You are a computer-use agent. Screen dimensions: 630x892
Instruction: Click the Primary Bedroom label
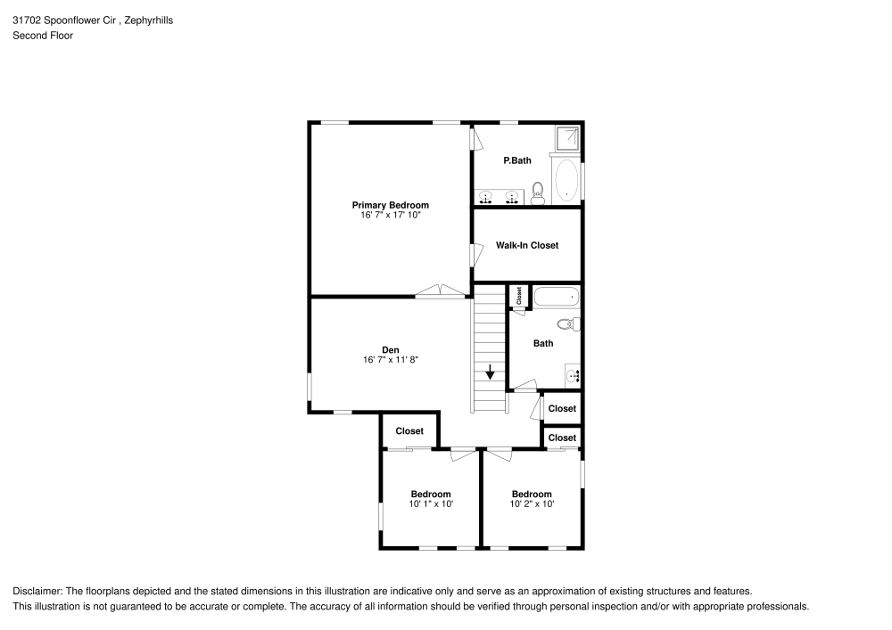pyautogui.click(x=390, y=205)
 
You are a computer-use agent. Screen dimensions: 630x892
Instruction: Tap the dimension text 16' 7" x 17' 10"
pyautogui.click(x=390, y=216)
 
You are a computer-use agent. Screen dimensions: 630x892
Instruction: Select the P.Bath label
pyautogui.click(x=517, y=160)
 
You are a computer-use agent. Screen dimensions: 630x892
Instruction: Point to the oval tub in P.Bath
pyautogui.click(x=566, y=181)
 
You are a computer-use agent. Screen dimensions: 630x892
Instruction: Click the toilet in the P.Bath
pyautogui.click(x=538, y=194)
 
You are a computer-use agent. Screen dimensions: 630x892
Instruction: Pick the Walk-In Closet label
pyautogui.click(x=527, y=245)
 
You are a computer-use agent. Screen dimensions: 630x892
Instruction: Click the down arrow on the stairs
pyautogui.click(x=490, y=372)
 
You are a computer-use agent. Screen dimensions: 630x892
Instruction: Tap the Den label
pyautogui.click(x=390, y=349)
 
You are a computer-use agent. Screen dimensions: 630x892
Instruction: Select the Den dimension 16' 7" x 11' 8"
pyautogui.click(x=390, y=360)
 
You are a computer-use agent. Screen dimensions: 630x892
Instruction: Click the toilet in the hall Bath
pyautogui.click(x=567, y=323)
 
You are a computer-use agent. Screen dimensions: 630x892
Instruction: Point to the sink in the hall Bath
pyautogui.click(x=573, y=376)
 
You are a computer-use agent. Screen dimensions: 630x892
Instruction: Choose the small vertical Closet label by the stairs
pyautogui.click(x=518, y=296)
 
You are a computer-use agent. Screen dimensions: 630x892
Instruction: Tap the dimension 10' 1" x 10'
pyautogui.click(x=432, y=504)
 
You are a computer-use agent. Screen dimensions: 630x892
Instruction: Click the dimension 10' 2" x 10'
pyautogui.click(x=532, y=504)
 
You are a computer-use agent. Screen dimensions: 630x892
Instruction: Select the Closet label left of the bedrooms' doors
pyautogui.click(x=409, y=431)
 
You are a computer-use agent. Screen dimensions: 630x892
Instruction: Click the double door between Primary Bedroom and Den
pyautogui.click(x=441, y=290)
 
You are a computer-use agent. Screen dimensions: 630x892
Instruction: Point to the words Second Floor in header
pyautogui.click(x=43, y=36)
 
